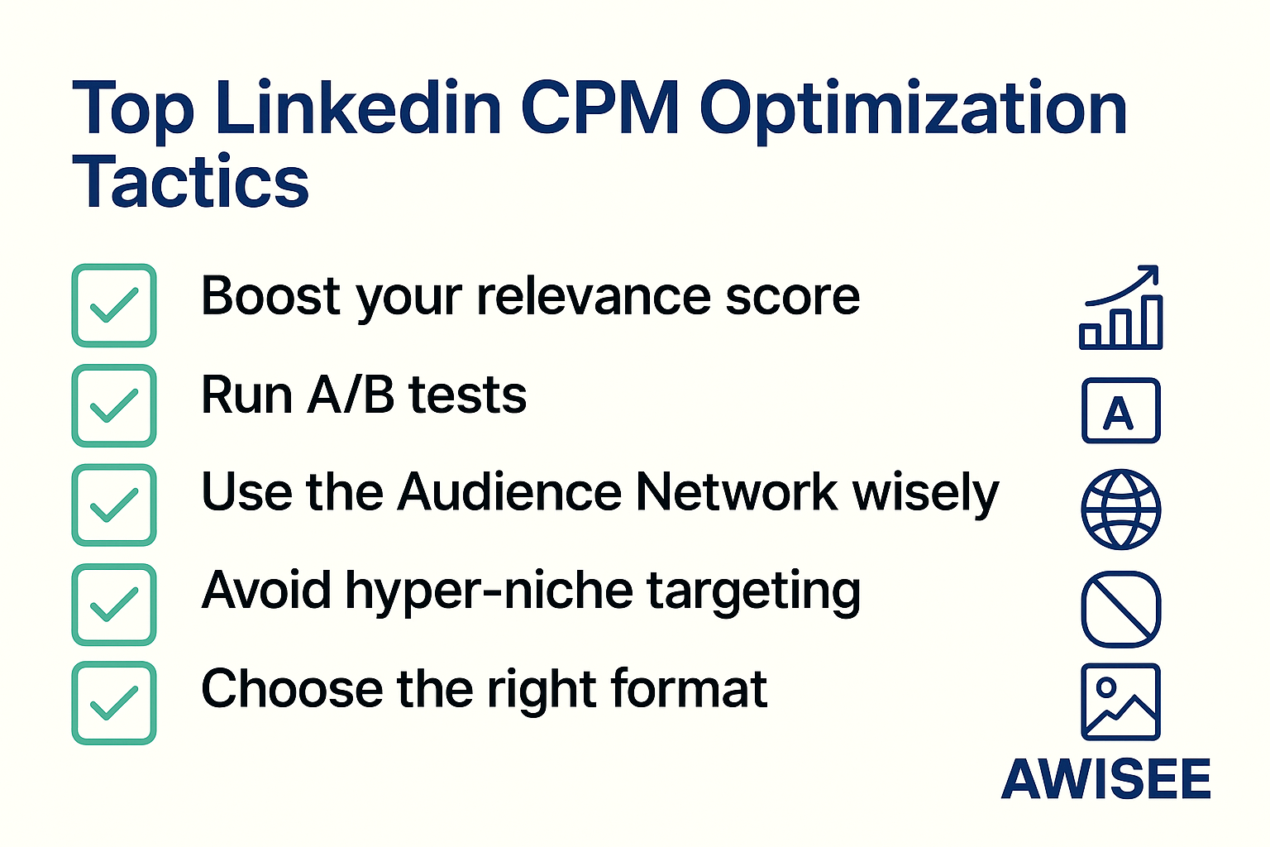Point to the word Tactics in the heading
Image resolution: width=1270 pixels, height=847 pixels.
pyautogui.click(x=190, y=182)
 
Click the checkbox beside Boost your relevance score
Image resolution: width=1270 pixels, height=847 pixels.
pyautogui.click(x=114, y=305)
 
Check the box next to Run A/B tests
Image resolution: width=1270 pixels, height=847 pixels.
pyautogui.click(x=114, y=405)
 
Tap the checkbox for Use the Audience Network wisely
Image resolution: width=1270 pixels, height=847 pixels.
pyautogui.click(x=114, y=505)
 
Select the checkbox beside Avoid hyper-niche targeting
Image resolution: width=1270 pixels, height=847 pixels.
pyautogui.click(x=114, y=605)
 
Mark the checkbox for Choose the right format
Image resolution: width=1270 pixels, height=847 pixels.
pyautogui.click(x=114, y=703)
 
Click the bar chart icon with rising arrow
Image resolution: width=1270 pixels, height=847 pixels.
pyautogui.click(x=1121, y=309)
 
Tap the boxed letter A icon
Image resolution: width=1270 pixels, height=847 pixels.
pyautogui.click(x=1121, y=411)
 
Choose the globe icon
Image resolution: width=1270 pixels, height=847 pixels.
pyautogui.click(x=1121, y=510)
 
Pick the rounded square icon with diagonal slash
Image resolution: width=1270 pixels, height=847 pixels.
pyautogui.click(x=1121, y=609)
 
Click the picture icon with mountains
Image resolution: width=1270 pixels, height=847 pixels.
pyautogui.click(x=1121, y=702)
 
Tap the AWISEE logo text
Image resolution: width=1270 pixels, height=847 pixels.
pyautogui.click(x=1106, y=779)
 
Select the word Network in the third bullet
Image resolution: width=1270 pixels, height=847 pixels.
pyautogui.click(x=737, y=492)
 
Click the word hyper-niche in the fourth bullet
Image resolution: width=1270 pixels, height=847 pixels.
pyautogui.click(x=489, y=591)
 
